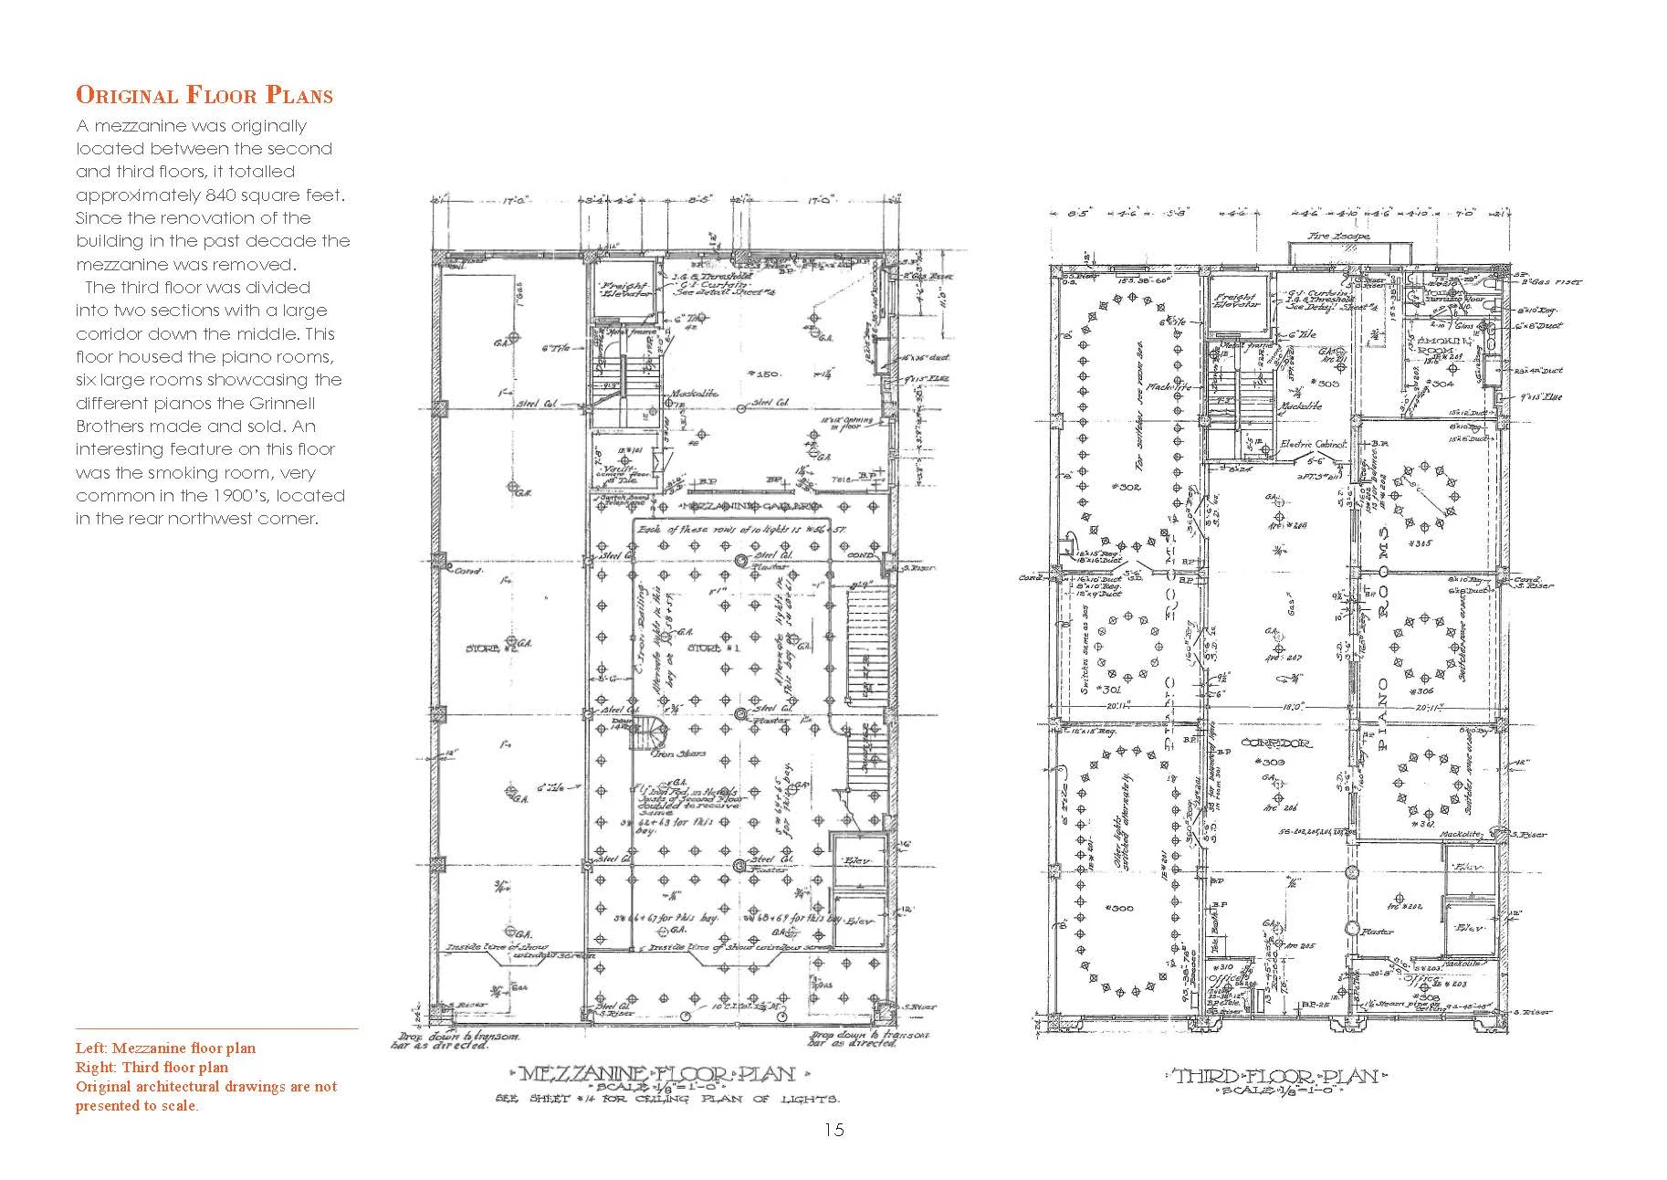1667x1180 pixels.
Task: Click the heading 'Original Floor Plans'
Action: tap(204, 95)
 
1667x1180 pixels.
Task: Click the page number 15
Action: tap(833, 1130)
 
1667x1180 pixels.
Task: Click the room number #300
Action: tap(1117, 908)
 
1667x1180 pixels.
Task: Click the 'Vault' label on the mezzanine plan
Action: tap(613, 468)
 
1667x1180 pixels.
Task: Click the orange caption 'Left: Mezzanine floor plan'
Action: tap(165, 1048)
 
